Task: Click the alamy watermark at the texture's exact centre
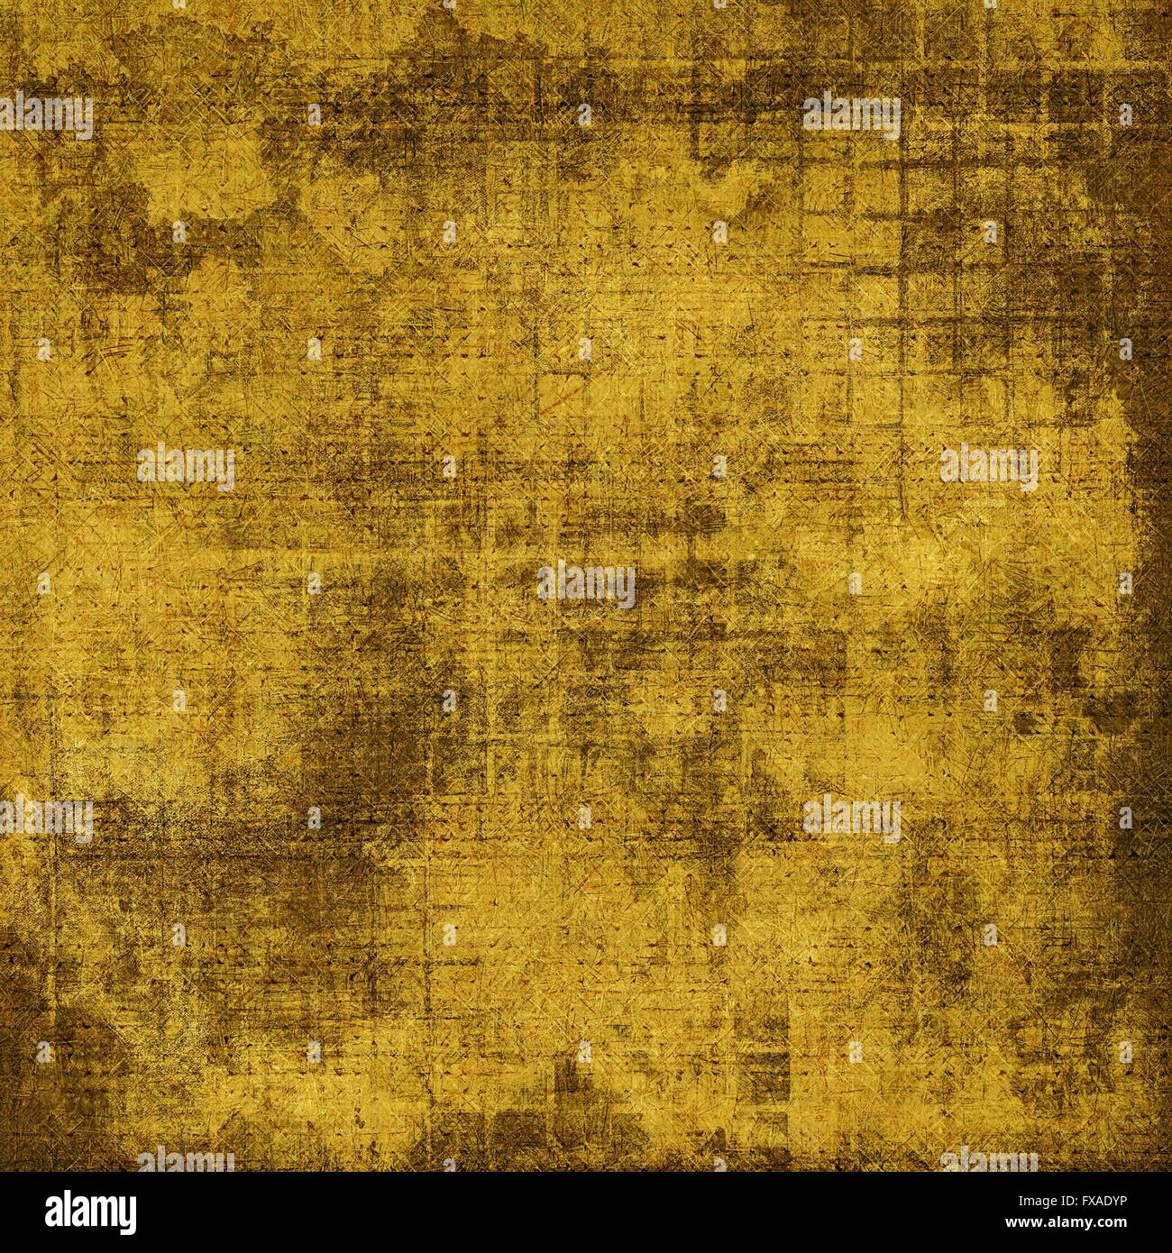point(586,584)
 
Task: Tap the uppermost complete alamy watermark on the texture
point(851,115)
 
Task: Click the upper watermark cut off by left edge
point(46,115)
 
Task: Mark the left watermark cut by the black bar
point(186,1161)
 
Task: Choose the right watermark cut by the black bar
point(988,1161)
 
